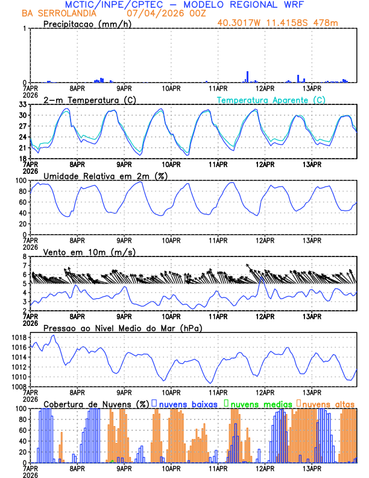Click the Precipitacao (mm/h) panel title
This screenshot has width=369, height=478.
(x=87, y=24)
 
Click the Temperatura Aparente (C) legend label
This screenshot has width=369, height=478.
(x=271, y=100)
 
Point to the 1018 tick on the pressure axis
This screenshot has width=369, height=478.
(x=17, y=337)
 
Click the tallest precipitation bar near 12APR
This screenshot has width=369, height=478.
(x=247, y=77)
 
